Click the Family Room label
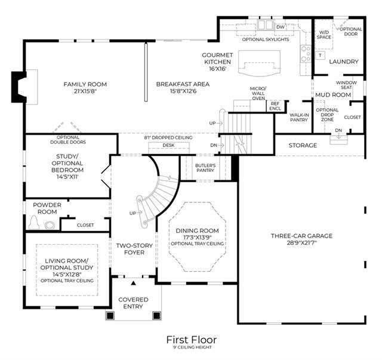pos(85,84)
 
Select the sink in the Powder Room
pos(50,225)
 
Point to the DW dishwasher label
pos(281,27)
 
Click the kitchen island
pos(259,63)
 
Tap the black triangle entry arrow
pos(133,283)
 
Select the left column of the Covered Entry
pos(110,316)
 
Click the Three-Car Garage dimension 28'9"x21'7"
pos(301,242)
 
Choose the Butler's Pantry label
pos(205,168)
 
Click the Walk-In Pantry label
pos(299,117)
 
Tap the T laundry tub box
pos(320,56)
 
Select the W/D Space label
pos(324,35)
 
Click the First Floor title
pos(192,340)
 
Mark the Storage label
pos(303,145)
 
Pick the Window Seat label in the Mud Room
pos(346,85)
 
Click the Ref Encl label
pos(275,106)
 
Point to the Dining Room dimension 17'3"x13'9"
pos(198,237)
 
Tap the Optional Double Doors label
pos(68,140)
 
